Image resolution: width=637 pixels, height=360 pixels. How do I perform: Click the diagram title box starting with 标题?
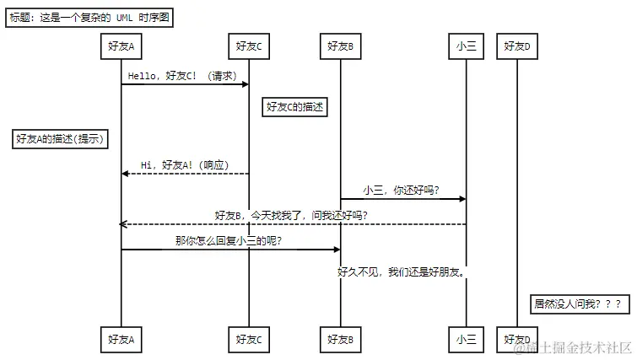(x=89, y=18)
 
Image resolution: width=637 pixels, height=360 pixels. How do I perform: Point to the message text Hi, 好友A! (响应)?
(x=185, y=164)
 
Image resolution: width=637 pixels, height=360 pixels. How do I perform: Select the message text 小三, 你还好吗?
(x=402, y=191)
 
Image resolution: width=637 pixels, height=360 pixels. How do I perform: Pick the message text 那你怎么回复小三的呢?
(x=228, y=241)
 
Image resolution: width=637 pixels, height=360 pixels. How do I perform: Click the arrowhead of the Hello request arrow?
(x=245, y=84)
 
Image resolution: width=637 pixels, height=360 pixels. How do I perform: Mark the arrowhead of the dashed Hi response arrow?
(x=126, y=174)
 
